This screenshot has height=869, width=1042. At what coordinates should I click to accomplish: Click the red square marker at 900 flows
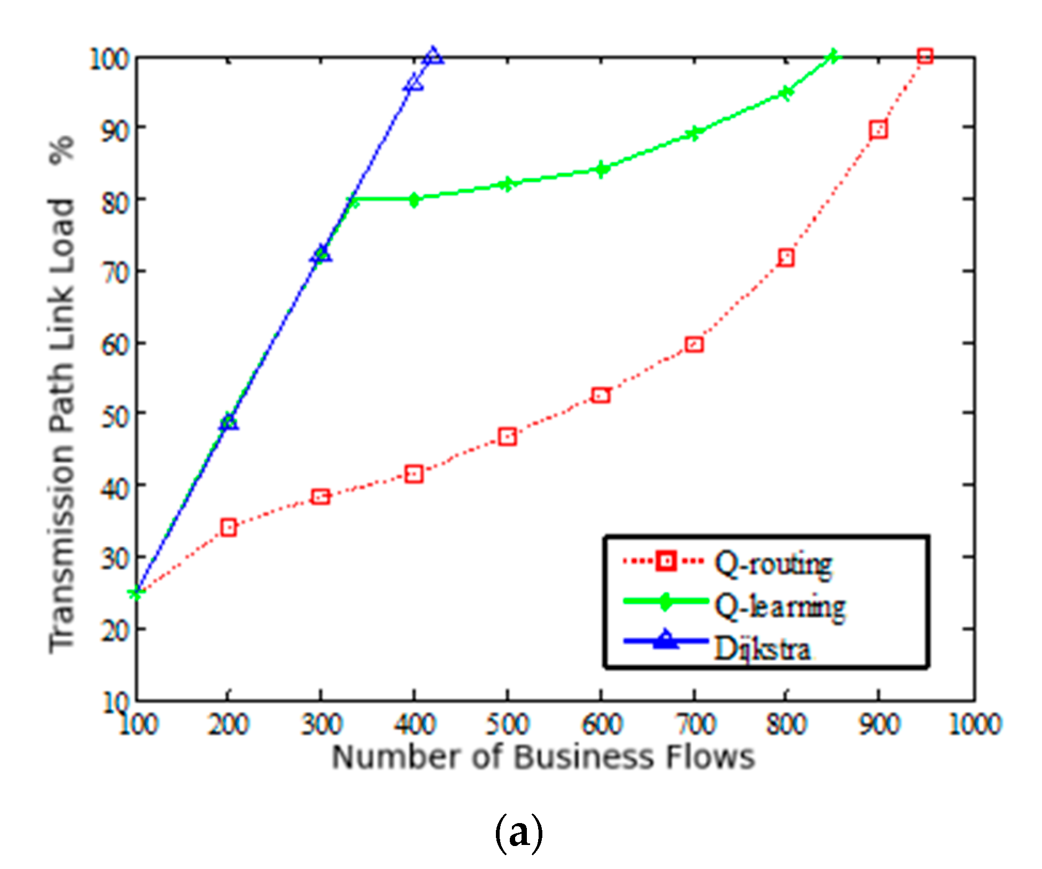click(878, 130)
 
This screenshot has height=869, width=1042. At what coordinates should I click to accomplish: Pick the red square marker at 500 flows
click(507, 437)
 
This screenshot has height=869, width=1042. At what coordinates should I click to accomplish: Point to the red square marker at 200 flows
click(228, 527)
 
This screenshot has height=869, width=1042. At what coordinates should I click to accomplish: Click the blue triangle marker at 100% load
click(433, 56)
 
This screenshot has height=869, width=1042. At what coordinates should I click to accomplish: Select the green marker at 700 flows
click(693, 134)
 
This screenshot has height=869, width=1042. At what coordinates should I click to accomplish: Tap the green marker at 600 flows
click(601, 169)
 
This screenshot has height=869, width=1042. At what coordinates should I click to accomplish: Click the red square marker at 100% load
click(925, 56)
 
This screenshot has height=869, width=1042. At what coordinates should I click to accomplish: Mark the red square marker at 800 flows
click(786, 258)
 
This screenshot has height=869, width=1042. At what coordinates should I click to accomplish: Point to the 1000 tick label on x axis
click(974, 725)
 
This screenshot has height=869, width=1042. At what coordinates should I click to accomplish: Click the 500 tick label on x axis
click(507, 725)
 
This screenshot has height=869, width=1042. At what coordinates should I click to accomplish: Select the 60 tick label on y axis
click(115, 345)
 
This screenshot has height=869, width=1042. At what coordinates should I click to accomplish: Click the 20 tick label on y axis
click(115, 631)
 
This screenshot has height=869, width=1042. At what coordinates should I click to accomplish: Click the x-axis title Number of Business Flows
click(543, 757)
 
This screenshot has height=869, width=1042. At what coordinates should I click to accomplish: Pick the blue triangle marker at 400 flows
click(414, 84)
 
